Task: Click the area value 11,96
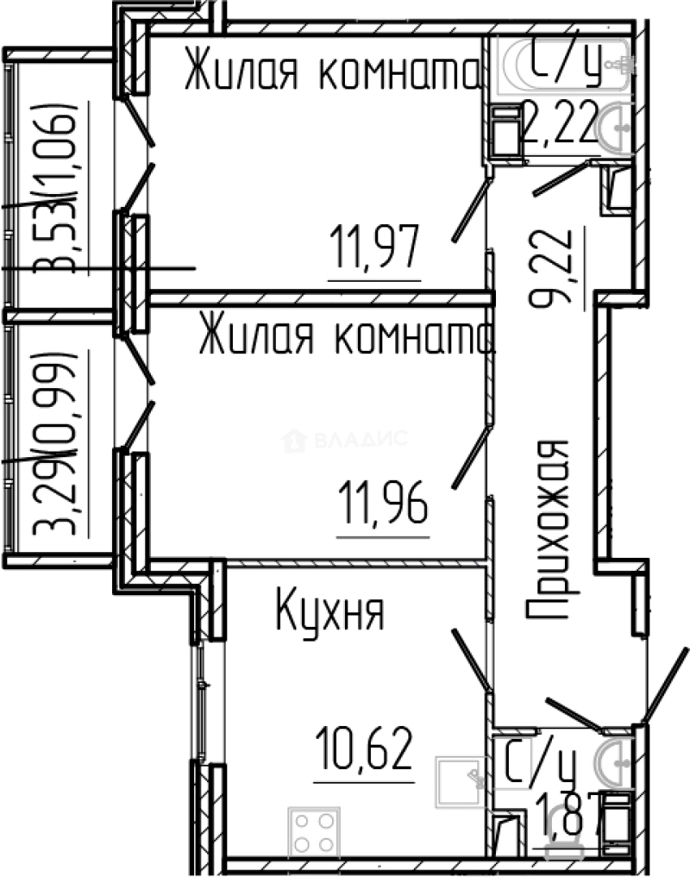click(x=382, y=503)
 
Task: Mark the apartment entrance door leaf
click(x=666, y=682)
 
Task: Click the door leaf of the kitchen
click(x=471, y=659)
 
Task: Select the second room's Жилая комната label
click(x=345, y=337)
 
